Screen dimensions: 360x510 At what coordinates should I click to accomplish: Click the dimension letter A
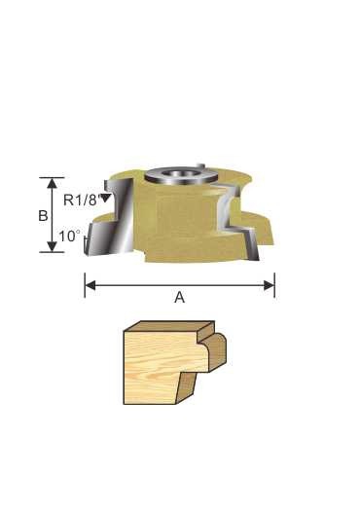[x=179, y=297]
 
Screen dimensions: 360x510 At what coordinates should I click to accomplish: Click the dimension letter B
[x=43, y=216]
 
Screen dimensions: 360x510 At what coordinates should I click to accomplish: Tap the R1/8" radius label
[x=81, y=200]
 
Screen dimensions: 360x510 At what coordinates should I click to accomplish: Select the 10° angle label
[x=69, y=237]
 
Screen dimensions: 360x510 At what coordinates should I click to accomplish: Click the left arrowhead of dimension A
[x=90, y=285]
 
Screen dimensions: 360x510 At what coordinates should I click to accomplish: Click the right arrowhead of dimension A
[x=270, y=285]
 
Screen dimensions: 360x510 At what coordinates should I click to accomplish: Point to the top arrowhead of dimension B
[x=52, y=183]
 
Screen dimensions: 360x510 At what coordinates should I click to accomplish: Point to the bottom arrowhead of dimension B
[x=52, y=246]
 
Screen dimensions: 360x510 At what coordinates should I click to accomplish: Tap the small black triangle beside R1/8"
[x=106, y=198]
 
